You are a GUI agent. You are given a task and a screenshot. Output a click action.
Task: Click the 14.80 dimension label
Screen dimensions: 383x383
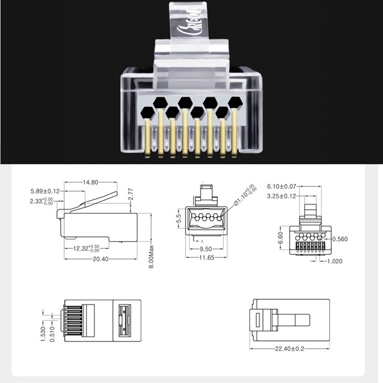coord(90,182)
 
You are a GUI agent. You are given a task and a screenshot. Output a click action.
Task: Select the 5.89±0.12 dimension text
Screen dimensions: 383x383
coord(45,191)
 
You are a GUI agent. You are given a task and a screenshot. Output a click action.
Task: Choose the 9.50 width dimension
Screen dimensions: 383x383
coord(205,249)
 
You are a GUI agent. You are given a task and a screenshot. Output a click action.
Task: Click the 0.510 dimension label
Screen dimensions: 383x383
coord(52,334)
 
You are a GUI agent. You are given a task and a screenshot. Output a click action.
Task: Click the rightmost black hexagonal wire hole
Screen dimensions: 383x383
coord(235,102)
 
